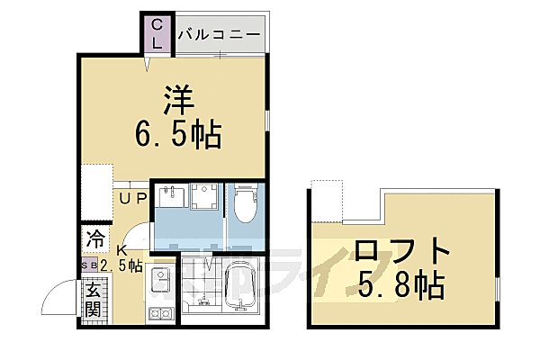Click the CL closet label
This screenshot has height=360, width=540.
point(157,33)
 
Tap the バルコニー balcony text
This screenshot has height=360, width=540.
point(220,36)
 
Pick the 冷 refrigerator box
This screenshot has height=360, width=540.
point(94,240)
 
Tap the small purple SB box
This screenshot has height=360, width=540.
point(89,265)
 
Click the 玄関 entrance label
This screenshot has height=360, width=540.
point(94,301)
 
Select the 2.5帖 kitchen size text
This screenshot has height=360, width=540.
point(121,265)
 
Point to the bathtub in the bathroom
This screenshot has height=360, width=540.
point(240,288)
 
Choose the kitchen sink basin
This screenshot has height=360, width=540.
point(162,280)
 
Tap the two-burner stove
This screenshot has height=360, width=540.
point(162,314)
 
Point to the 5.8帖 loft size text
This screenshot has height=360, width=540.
point(400,285)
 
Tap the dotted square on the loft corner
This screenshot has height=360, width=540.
point(326,199)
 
